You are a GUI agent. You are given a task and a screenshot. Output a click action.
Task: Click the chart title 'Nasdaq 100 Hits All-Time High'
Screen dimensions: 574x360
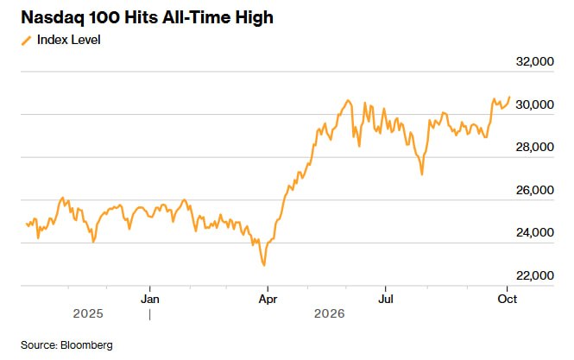tap(147, 17)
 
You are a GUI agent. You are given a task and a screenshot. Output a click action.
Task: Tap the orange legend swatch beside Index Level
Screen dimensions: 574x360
tap(27, 41)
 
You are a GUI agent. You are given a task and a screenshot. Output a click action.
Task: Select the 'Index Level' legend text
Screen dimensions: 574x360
tap(69, 40)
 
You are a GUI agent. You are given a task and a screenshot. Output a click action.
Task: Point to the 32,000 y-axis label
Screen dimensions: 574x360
tap(535, 61)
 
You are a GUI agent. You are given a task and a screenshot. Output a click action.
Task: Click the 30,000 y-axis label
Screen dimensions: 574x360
tap(535, 104)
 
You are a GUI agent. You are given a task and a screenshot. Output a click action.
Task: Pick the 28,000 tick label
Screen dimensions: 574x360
tap(535, 148)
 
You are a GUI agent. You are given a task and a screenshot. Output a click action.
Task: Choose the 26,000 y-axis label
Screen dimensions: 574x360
tap(535, 190)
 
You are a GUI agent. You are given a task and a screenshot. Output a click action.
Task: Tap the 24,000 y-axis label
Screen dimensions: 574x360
tap(535, 232)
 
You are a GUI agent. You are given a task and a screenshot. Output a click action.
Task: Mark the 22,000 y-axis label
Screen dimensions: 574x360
tap(535, 275)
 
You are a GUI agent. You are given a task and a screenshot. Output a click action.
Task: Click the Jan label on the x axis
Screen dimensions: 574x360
tap(150, 300)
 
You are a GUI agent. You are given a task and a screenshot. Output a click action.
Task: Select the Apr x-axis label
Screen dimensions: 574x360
tap(268, 300)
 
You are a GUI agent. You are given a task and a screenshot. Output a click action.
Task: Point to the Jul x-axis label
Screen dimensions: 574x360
tap(386, 300)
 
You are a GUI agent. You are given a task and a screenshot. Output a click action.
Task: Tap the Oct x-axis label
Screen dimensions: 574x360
tap(508, 300)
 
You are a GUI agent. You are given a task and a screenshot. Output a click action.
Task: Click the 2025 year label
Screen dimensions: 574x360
tap(88, 314)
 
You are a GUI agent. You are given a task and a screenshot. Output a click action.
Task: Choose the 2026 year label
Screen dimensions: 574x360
tap(330, 314)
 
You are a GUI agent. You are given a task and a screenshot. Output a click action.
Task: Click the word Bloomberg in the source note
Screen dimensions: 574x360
tap(87, 345)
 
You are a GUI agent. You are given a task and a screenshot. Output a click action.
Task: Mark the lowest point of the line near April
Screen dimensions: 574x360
tap(264, 265)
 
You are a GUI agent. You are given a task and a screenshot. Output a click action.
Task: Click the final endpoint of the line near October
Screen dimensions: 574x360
tap(509, 97)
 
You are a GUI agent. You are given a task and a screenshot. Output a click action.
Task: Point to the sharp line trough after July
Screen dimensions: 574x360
tap(422, 174)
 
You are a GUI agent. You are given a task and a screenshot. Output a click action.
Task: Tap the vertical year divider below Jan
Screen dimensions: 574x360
tap(149, 315)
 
